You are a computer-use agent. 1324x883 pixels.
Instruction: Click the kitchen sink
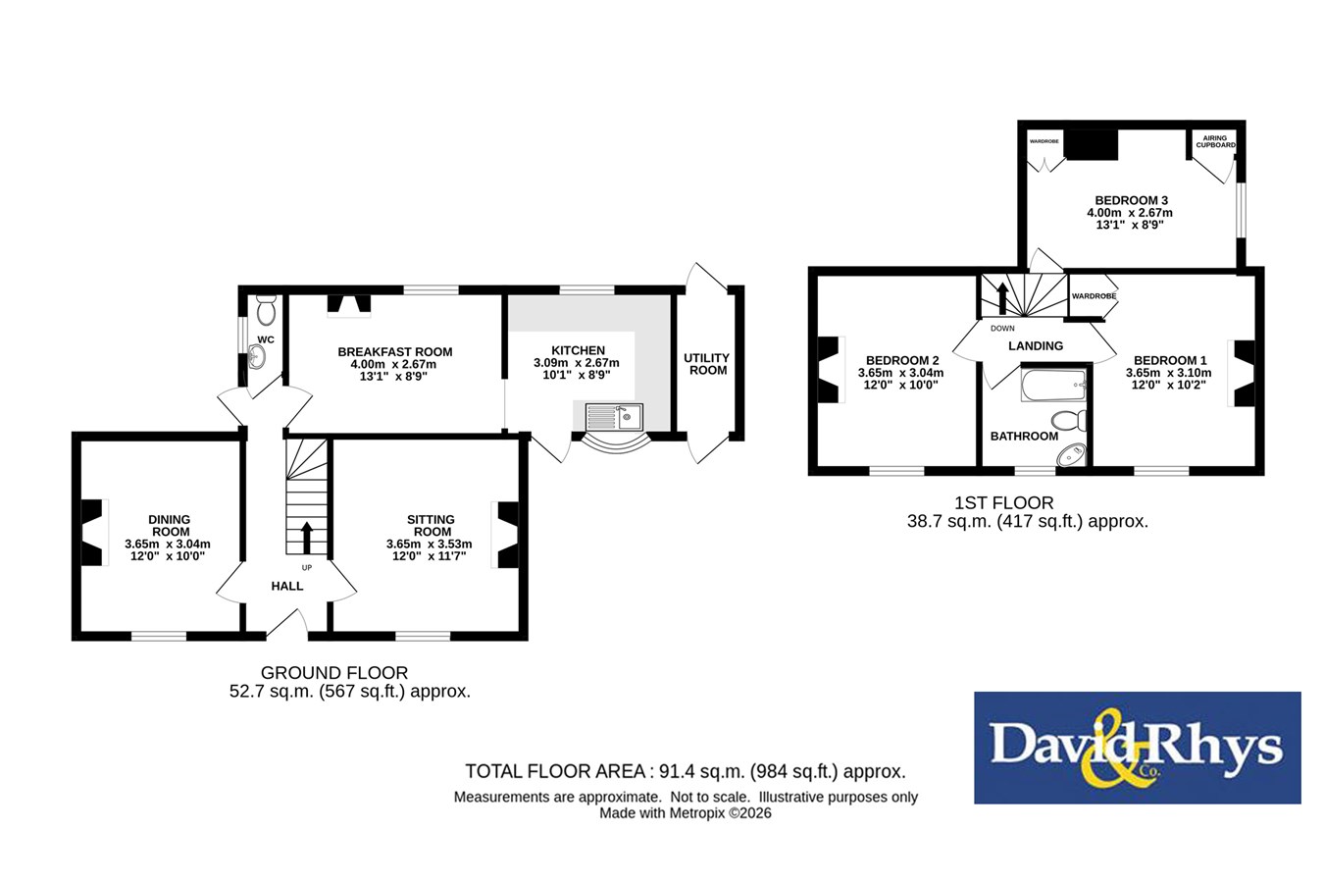pos(614,417)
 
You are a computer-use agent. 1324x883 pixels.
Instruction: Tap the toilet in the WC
pos(267,310)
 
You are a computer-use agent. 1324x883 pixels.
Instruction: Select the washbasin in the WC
pos(257,356)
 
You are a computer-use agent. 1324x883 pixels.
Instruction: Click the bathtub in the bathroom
pos(1054,386)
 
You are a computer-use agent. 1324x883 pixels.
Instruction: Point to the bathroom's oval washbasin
pos(1071,455)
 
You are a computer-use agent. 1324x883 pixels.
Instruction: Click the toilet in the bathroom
pos(1069,421)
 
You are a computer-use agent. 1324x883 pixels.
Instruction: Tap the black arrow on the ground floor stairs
pos(307,538)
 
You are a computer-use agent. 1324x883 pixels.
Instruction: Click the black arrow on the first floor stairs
pos(1003,298)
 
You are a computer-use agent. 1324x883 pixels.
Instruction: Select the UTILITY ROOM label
pos(707,364)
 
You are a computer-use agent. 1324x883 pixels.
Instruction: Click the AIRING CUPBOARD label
pos(1215,141)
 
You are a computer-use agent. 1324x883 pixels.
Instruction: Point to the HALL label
pos(287,586)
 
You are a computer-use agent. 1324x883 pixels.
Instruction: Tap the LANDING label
pos(1036,346)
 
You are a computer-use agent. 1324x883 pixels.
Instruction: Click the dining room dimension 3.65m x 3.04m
pos(168,545)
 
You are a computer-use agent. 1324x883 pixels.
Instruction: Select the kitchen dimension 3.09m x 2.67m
pos(577,363)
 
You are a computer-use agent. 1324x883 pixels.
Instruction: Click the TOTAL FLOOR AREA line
pos(686,771)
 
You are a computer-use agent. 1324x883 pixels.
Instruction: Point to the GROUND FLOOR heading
pos(334,672)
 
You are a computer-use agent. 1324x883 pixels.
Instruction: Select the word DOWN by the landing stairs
pos(1002,329)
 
